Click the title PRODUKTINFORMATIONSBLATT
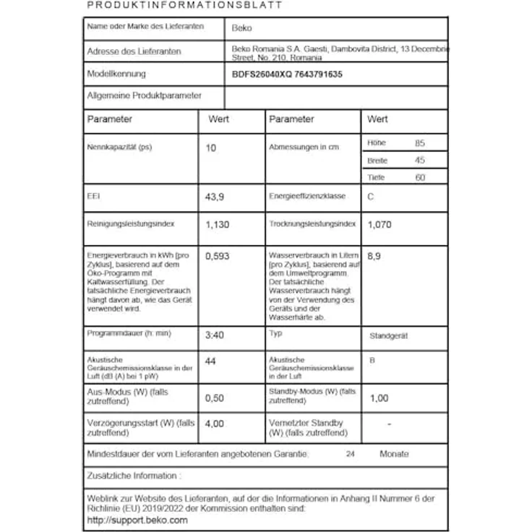click(184, 5)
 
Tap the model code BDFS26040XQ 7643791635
click(287, 74)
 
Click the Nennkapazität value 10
click(211, 147)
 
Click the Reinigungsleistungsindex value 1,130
click(218, 225)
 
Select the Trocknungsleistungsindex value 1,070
click(379, 225)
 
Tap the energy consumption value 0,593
click(219, 256)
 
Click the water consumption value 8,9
click(374, 256)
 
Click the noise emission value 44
click(211, 361)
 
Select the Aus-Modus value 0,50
click(215, 398)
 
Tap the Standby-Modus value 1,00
click(378, 398)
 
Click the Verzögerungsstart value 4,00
click(215, 425)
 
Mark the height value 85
click(420, 143)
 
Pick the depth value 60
click(420, 178)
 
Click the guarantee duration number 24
click(351, 454)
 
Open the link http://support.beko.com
click(137, 520)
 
